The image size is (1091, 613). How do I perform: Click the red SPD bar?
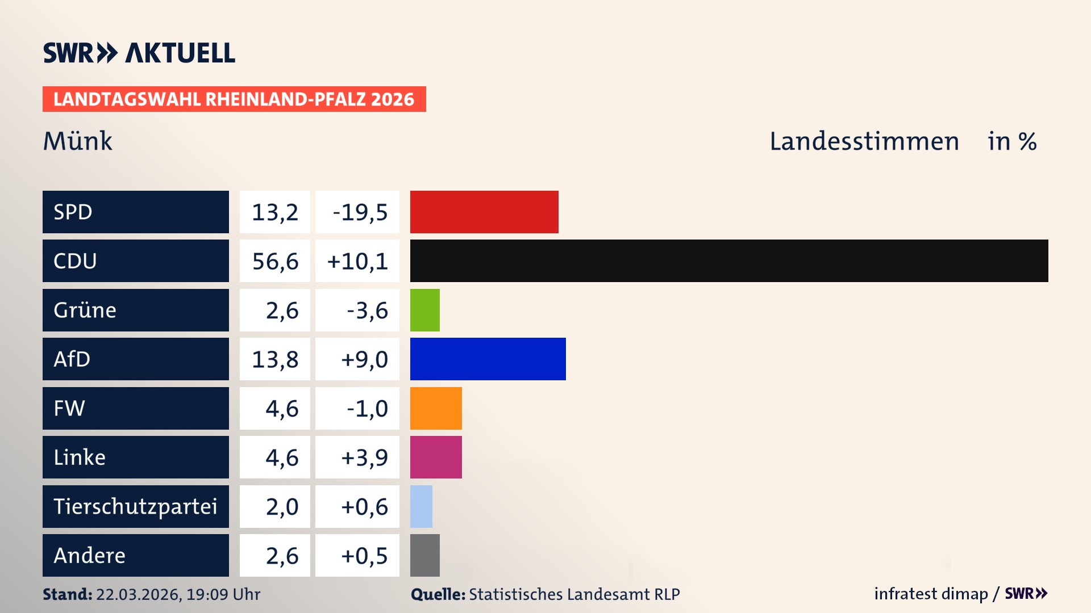click(484, 212)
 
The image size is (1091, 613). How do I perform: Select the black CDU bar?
click(729, 261)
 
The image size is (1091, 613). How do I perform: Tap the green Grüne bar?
click(425, 310)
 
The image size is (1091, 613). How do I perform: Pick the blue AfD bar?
click(488, 359)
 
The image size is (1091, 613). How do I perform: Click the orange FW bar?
click(436, 408)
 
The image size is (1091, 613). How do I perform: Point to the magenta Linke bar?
click(436, 457)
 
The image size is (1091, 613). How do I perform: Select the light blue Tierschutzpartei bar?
click(421, 506)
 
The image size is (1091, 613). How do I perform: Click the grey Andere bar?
click(425, 555)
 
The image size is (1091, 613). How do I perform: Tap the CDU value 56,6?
click(275, 261)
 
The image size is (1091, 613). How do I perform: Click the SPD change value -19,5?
click(360, 212)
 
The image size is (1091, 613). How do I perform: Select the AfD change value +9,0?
click(364, 359)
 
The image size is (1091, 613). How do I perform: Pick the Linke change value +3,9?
click(364, 457)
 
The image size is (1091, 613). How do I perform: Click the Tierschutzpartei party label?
click(135, 506)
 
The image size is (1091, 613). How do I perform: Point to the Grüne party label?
click(85, 310)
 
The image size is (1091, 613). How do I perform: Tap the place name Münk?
click(78, 141)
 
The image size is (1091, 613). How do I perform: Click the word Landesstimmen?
click(864, 141)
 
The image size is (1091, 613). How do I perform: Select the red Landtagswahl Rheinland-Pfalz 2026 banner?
click(234, 99)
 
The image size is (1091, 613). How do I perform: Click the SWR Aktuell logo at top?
click(139, 53)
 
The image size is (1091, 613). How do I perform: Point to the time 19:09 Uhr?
click(223, 594)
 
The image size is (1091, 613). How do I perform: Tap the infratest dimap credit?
click(931, 594)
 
